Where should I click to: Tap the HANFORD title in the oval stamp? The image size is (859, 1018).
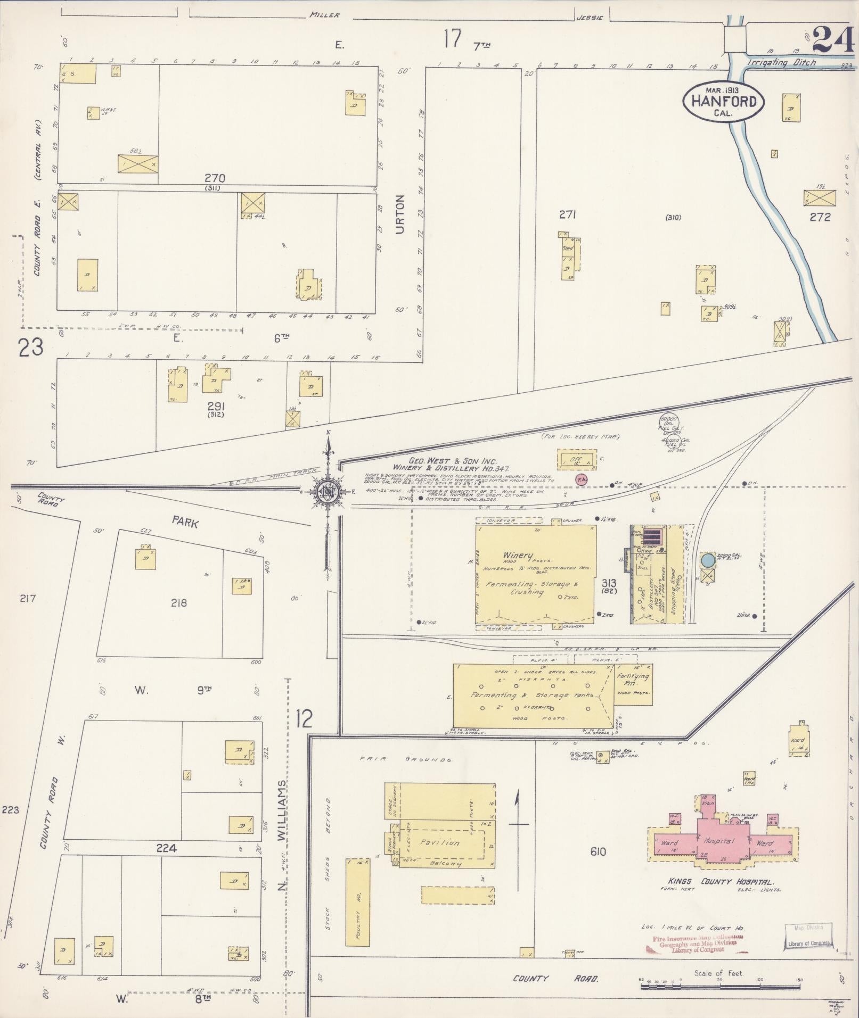pyautogui.click(x=724, y=101)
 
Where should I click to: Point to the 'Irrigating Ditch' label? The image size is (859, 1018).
pyautogui.click(x=781, y=62)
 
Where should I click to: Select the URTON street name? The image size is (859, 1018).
pyautogui.click(x=401, y=214)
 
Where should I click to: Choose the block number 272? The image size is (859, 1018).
pyautogui.click(x=820, y=217)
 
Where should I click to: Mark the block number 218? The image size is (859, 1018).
pyautogui.click(x=179, y=603)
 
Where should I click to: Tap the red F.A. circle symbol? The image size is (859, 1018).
pyautogui.click(x=581, y=479)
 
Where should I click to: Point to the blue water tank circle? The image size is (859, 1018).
pyautogui.click(x=708, y=560)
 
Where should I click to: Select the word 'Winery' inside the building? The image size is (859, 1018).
pyautogui.click(x=518, y=556)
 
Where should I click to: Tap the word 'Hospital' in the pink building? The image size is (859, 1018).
pyautogui.click(x=719, y=841)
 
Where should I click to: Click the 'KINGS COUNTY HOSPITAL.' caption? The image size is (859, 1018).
pyautogui.click(x=716, y=881)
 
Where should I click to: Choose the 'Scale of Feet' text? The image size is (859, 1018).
pyautogui.click(x=717, y=973)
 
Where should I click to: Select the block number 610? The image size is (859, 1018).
pyautogui.click(x=598, y=852)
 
